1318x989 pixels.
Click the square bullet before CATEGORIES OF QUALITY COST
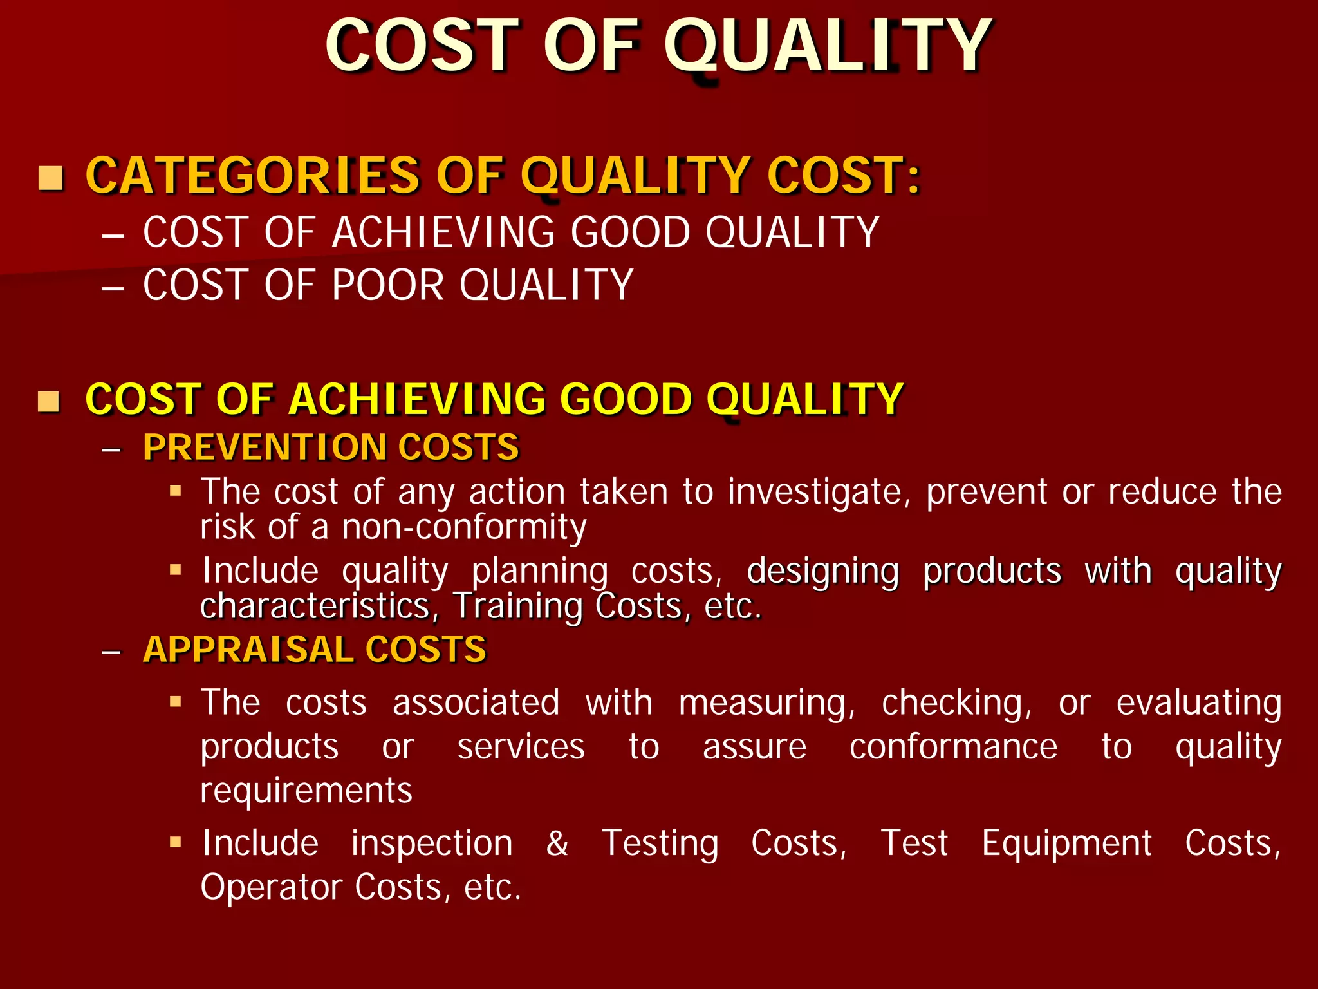point(51,178)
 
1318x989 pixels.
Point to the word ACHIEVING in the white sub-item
point(443,232)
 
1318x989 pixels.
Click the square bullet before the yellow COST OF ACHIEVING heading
point(49,401)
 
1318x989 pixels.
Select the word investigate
point(819,493)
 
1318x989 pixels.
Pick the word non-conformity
point(463,527)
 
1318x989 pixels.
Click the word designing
point(822,572)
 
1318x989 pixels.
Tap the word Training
point(517,607)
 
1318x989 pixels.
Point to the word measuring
point(766,703)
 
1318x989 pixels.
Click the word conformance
point(953,748)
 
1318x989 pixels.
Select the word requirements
point(306,791)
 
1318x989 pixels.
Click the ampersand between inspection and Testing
point(557,843)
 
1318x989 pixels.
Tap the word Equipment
point(1066,843)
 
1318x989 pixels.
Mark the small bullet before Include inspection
point(176,842)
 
